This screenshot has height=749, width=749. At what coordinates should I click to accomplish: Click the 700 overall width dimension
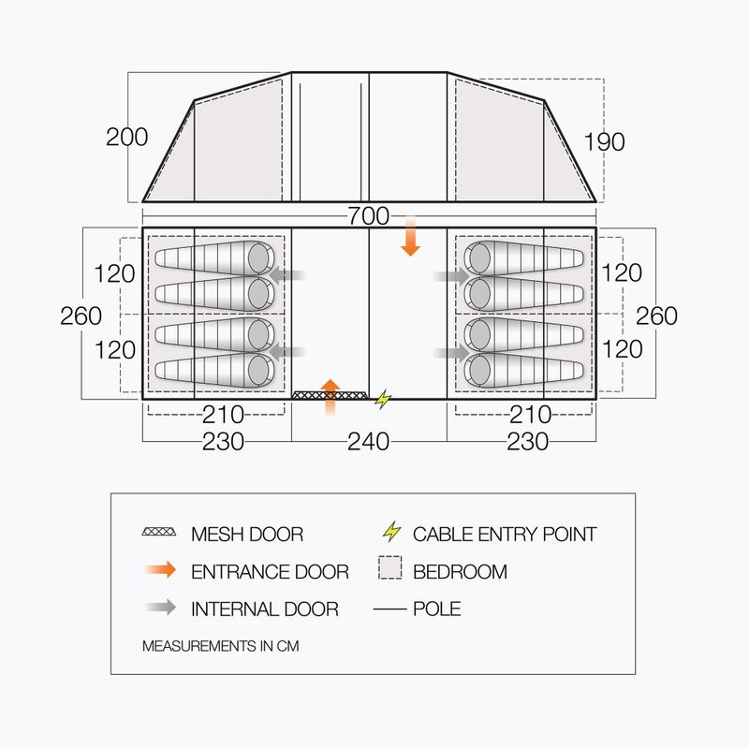pyautogui.click(x=368, y=216)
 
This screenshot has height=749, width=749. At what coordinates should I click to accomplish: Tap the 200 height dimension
pyautogui.click(x=126, y=137)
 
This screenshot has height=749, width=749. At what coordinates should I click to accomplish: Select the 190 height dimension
pyautogui.click(x=604, y=142)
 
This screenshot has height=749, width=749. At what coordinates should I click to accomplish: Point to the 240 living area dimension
pyautogui.click(x=368, y=442)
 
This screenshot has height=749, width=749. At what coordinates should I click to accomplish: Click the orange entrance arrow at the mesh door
pyautogui.click(x=330, y=397)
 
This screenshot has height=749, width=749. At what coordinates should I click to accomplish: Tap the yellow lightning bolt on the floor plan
pyautogui.click(x=383, y=400)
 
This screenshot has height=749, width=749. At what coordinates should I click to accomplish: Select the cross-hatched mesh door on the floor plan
pyautogui.click(x=330, y=395)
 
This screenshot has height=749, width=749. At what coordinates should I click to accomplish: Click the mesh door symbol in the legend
pyautogui.click(x=159, y=532)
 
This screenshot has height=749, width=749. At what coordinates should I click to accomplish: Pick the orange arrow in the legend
pyautogui.click(x=161, y=570)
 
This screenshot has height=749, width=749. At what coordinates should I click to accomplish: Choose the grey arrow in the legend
pyautogui.click(x=161, y=608)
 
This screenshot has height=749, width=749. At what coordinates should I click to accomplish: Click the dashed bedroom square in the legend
pyautogui.click(x=390, y=567)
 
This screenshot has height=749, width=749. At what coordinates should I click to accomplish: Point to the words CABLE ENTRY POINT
pyautogui.click(x=505, y=534)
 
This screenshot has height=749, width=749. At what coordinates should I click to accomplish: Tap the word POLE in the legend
pyautogui.click(x=437, y=609)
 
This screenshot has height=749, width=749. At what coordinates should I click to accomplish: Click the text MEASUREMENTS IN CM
pyautogui.click(x=221, y=646)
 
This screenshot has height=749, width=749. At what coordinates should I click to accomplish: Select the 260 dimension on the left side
pyautogui.click(x=81, y=316)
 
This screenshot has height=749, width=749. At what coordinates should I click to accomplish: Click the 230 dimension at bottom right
pyautogui.click(x=527, y=442)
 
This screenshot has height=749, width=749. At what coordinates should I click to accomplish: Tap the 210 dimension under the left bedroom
pyautogui.click(x=223, y=415)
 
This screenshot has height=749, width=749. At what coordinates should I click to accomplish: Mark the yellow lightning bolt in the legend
pyautogui.click(x=392, y=531)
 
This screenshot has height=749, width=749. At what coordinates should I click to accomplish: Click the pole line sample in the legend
pyautogui.click(x=389, y=609)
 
